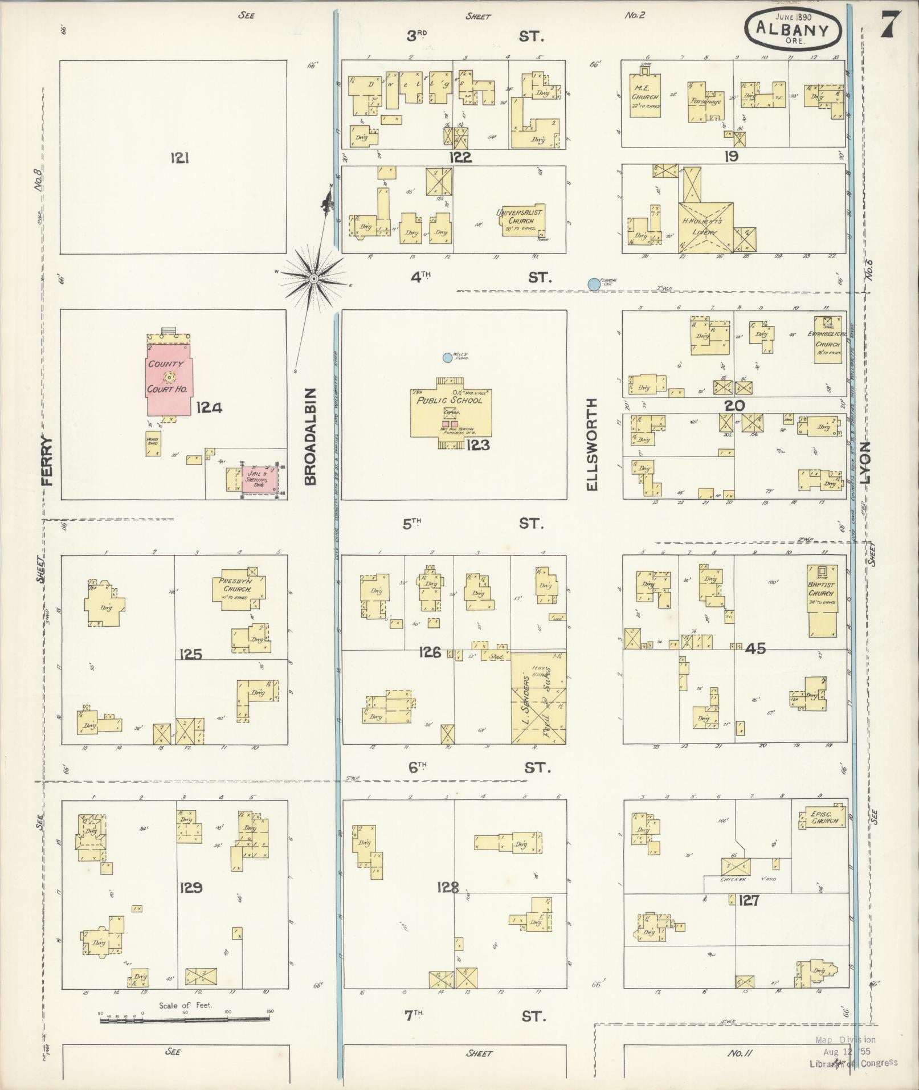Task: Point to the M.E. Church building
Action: click(645, 97)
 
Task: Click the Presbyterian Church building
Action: click(239, 590)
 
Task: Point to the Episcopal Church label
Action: click(824, 818)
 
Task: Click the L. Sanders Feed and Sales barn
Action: click(538, 698)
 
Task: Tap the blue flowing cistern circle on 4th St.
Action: click(594, 284)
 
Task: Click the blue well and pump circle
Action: click(447, 358)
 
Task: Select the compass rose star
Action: click(313, 278)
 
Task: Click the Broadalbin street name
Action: click(310, 436)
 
